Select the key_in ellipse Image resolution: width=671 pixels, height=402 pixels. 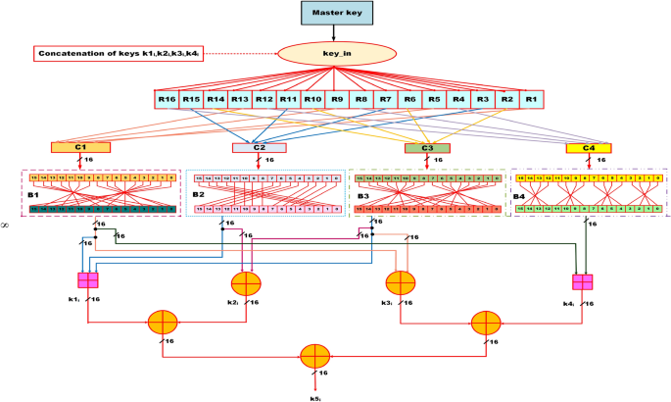pyautogui.click(x=335, y=54)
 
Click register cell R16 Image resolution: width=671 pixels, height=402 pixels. pyautogui.click(x=168, y=99)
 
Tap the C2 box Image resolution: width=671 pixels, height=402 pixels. pyautogui.click(x=259, y=148)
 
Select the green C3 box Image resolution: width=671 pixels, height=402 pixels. pyautogui.click(x=427, y=148)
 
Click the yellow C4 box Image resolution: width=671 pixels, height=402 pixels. pyautogui.click(x=589, y=148)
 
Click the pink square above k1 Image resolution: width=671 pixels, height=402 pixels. pyautogui.click(x=88, y=280)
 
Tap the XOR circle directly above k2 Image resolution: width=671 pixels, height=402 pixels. pyautogui.click(x=245, y=284)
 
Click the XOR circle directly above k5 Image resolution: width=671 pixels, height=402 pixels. pyautogui.click(x=314, y=355)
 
